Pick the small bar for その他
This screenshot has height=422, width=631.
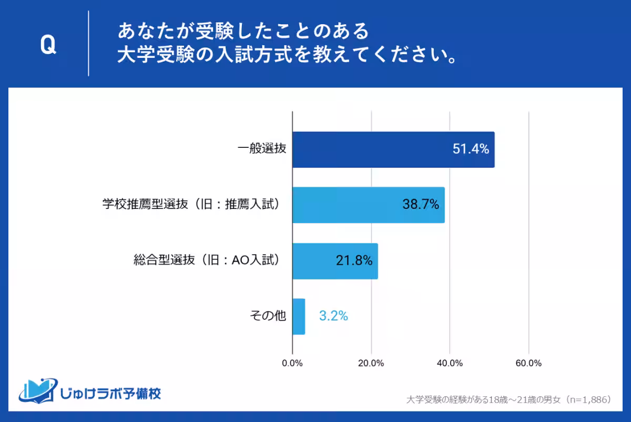[x=299, y=317]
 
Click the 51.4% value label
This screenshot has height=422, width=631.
[x=471, y=149]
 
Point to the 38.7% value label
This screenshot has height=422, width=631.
[x=421, y=205]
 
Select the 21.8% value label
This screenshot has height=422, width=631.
[x=354, y=261]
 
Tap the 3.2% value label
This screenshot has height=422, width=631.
[x=333, y=317]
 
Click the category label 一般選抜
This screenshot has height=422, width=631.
[x=261, y=149]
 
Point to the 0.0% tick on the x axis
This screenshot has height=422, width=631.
[x=292, y=363]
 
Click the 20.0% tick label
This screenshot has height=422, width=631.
[x=371, y=363]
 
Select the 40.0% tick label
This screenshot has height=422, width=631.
[x=450, y=363]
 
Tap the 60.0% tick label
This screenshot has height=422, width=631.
[x=528, y=363]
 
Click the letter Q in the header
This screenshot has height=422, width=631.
[x=48, y=46]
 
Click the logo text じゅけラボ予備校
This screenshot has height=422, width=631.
[x=110, y=393]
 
